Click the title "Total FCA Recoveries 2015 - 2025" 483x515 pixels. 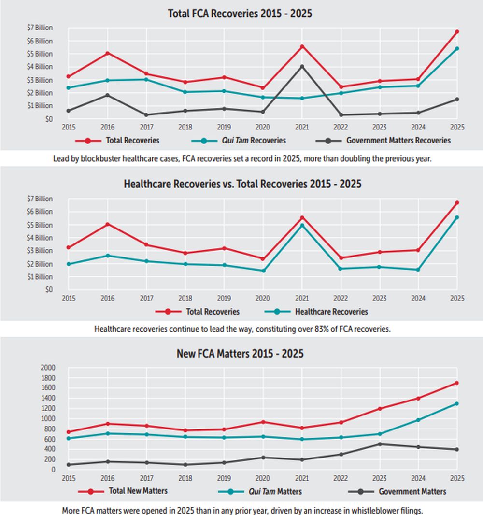click(240, 14)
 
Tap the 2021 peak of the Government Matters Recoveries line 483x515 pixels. click(302, 66)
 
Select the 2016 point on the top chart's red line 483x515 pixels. click(107, 53)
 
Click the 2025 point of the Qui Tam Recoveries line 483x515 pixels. click(457, 48)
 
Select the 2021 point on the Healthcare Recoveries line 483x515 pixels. click(302, 225)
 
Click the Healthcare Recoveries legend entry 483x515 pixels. click(316, 312)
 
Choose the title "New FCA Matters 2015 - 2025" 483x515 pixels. click(240, 354)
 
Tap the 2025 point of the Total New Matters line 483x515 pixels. click(457, 383)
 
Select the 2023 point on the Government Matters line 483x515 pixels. click(380, 444)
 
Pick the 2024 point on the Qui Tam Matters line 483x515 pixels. click(418, 420)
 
